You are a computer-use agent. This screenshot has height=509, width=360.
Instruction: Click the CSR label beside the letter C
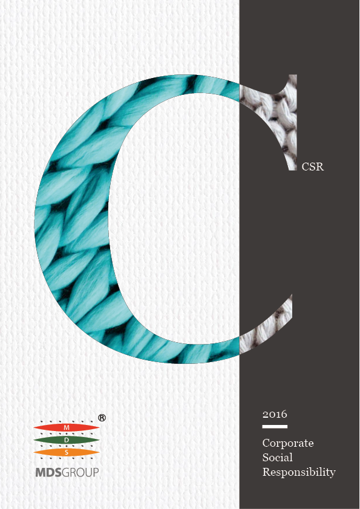pos(313,166)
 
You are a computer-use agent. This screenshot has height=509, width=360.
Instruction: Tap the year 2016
pos(275,414)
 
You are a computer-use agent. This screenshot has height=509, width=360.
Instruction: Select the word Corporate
pos(288,444)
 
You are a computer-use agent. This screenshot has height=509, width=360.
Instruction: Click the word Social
pos(278,458)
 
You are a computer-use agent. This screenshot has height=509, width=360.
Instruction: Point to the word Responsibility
pos(299,472)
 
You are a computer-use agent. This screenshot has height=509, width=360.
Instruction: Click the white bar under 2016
pos(275,427)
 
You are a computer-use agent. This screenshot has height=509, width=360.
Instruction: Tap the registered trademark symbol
pos(102,418)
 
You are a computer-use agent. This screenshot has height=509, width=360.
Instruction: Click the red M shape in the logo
pos(67,427)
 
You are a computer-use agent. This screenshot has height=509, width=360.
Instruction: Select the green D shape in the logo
pos(67,440)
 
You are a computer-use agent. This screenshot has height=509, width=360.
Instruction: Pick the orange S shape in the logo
pos(67,452)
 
